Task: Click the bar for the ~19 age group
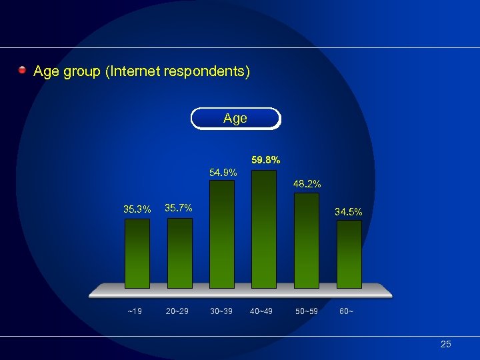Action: click(x=137, y=253)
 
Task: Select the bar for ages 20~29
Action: click(x=179, y=253)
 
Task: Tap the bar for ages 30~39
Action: click(x=222, y=234)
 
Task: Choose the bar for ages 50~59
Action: click(x=307, y=240)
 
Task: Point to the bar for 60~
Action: click(x=349, y=254)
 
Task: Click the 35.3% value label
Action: click(x=137, y=209)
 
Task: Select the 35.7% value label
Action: click(x=178, y=207)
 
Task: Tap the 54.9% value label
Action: click(x=223, y=173)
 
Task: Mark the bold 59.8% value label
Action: click(x=265, y=160)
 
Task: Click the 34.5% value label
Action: click(x=349, y=212)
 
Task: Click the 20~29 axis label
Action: click(x=178, y=311)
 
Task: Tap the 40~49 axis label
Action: click(x=261, y=311)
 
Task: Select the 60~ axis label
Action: click(x=347, y=311)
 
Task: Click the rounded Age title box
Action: click(x=235, y=119)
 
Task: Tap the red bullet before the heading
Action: click(x=23, y=70)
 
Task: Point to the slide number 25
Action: click(x=446, y=344)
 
